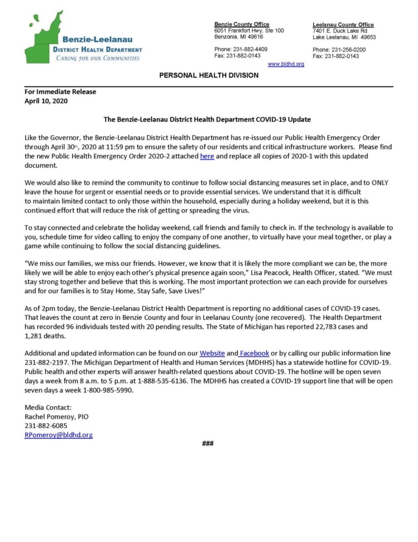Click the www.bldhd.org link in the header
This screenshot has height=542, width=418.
click(286, 64)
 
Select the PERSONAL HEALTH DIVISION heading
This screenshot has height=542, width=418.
click(208, 75)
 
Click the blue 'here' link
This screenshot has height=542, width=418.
click(207, 156)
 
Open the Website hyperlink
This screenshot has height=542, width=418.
click(212, 353)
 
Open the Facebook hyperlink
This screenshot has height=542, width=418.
click(254, 353)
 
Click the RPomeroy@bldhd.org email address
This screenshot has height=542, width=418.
click(58, 435)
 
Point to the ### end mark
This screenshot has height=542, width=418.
click(208, 444)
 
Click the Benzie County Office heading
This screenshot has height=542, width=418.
click(242, 24)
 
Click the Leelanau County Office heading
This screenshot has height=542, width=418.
click(343, 24)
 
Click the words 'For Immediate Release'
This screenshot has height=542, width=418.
click(60, 92)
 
